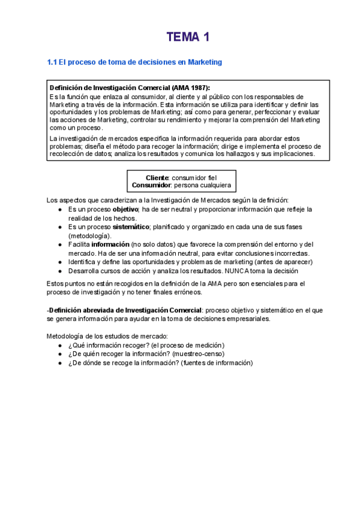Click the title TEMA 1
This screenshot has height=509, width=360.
point(188,38)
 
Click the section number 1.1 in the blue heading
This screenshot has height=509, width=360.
point(52,62)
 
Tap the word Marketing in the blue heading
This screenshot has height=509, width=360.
point(205,62)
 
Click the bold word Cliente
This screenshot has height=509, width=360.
point(157,178)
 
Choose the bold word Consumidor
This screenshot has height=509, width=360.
point(151,185)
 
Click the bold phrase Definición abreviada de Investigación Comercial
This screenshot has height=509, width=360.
point(125,310)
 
